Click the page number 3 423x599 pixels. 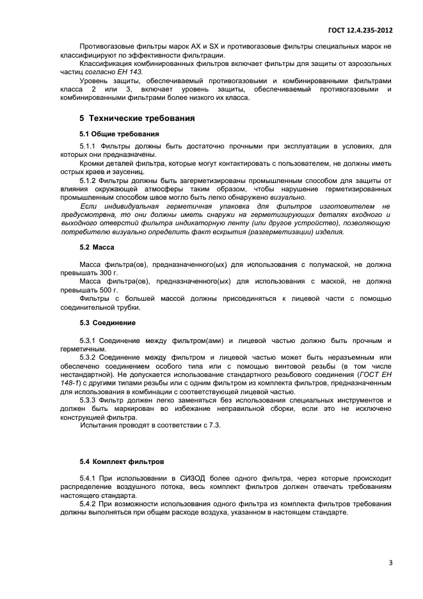[x=390, y=563]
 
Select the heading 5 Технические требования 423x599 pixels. [x=137, y=118]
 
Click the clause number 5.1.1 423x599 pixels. [x=87, y=147]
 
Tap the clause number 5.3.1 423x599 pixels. [x=87, y=340]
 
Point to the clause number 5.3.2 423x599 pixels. [x=87, y=356]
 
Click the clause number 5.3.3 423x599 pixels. [x=87, y=399]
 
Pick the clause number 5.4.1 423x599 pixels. [x=87, y=478]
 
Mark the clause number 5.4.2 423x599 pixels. [x=87, y=506]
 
